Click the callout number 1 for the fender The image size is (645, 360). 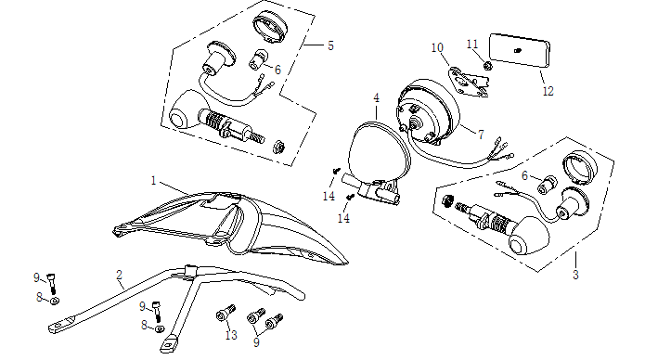[153, 181]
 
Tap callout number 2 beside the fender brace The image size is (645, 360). [120, 275]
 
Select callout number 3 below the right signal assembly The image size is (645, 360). [575, 275]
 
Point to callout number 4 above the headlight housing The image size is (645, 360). [376, 98]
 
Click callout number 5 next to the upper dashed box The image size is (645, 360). [330, 45]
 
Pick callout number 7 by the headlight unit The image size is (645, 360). [481, 135]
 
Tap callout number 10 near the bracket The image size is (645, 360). [437, 47]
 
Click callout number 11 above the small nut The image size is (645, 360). [472, 44]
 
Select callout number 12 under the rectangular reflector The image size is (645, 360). [548, 91]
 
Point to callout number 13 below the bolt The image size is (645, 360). [231, 335]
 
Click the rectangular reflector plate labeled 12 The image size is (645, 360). [520, 50]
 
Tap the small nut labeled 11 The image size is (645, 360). [487, 65]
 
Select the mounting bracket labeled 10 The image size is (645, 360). [467, 82]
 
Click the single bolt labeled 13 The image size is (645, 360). [226, 314]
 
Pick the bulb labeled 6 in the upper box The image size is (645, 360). [257, 58]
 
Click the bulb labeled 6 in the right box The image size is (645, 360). [548, 186]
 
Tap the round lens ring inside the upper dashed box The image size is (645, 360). [270, 25]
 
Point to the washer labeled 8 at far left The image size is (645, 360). [54, 301]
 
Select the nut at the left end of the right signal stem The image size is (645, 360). [447, 201]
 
